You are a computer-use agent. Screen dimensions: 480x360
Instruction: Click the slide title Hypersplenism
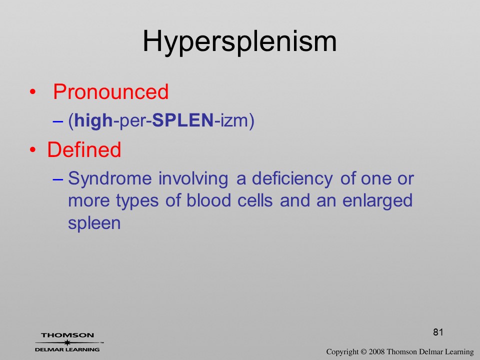click(239, 42)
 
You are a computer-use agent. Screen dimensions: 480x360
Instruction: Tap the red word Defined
click(84, 149)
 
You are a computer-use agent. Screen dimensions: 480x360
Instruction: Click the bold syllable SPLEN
click(183, 120)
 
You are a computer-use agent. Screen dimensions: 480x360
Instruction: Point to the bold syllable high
click(93, 120)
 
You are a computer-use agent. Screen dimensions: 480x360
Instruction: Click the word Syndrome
click(110, 179)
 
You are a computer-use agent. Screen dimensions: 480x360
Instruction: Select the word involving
click(193, 179)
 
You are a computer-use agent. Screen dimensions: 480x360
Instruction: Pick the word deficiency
click(292, 179)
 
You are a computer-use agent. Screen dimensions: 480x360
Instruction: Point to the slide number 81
click(438, 332)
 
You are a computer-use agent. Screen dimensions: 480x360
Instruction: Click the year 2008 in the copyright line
click(376, 351)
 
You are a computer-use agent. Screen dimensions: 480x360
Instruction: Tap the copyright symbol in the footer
click(363, 351)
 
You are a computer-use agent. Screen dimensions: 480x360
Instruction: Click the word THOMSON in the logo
click(67, 335)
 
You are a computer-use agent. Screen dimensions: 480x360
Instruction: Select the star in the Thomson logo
click(67, 342)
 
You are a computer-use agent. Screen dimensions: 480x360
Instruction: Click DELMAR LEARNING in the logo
click(67, 349)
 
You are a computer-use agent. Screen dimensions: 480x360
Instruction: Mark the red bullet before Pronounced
click(33, 92)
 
